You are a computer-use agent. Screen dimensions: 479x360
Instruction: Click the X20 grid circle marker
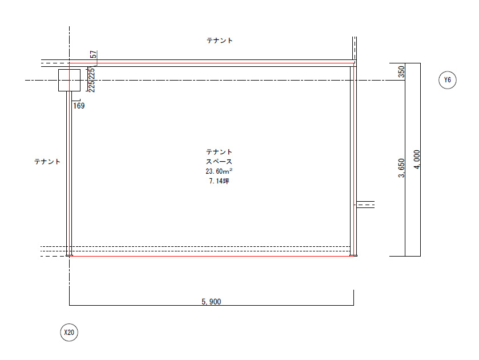pos(69,332)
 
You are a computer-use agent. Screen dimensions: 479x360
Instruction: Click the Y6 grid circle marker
pos(447,80)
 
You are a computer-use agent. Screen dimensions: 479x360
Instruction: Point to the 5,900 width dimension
pos(211,302)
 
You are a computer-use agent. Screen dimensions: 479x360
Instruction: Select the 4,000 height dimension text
pos(417,159)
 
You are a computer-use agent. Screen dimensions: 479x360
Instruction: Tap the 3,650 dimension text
pos(401,168)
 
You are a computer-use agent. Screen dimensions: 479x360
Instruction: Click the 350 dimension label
pos(401,71)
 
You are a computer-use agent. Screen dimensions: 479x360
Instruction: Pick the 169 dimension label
pos(79,106)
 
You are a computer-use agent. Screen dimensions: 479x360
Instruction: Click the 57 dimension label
pos(94,54)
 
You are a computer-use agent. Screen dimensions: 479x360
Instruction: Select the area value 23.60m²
pos(219,171)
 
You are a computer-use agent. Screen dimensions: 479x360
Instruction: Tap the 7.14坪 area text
pos(219,181)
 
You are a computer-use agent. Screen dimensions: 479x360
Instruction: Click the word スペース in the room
pos(219,162)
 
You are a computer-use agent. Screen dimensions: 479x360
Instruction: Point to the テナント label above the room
pos(220,41)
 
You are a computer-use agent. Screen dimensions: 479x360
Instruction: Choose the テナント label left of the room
pos(47,162)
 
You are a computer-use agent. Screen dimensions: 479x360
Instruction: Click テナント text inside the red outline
pos(219,151)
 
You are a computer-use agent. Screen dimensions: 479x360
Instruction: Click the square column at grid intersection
pos(69,80)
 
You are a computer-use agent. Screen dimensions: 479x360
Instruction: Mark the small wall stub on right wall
pos(365,205)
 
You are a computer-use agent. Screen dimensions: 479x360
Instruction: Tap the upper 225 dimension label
pos(91,73)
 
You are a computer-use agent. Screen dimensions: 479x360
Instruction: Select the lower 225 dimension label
pos(91,86)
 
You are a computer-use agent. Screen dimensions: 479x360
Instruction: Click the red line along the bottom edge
pos(212,256)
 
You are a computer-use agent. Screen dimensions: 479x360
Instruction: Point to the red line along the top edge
pos(212,63)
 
